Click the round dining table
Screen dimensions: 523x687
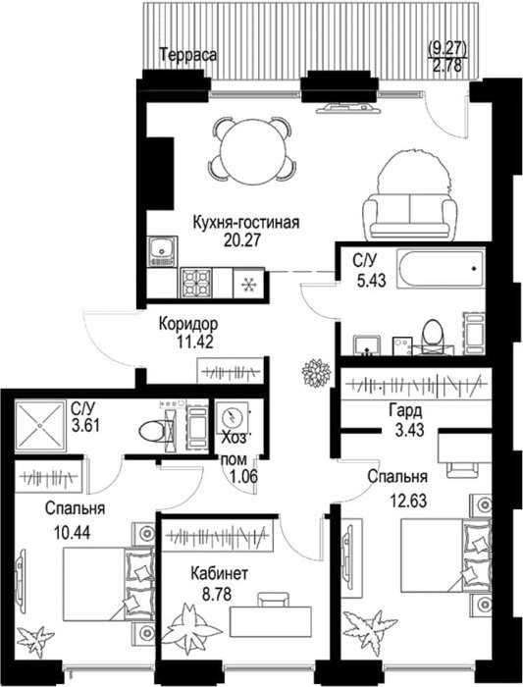(250, 149)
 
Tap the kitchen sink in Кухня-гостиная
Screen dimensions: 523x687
(163, 251)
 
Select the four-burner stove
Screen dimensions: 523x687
(196, 283)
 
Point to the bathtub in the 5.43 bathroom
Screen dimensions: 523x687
(442, 268)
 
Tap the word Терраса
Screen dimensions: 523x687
(188, 56)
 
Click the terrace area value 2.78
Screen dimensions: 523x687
(447, 67)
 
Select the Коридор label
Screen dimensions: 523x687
(188, 324)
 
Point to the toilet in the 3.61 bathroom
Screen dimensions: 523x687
(156, 430)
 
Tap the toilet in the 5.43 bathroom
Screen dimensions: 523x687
(433, 335)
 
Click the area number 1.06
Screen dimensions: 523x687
(243, 476)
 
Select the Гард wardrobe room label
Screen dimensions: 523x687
(405, 411)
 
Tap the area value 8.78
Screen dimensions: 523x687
(217, 595)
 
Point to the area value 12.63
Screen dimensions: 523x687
(407, 501)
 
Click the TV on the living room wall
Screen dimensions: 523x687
(346, 107)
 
